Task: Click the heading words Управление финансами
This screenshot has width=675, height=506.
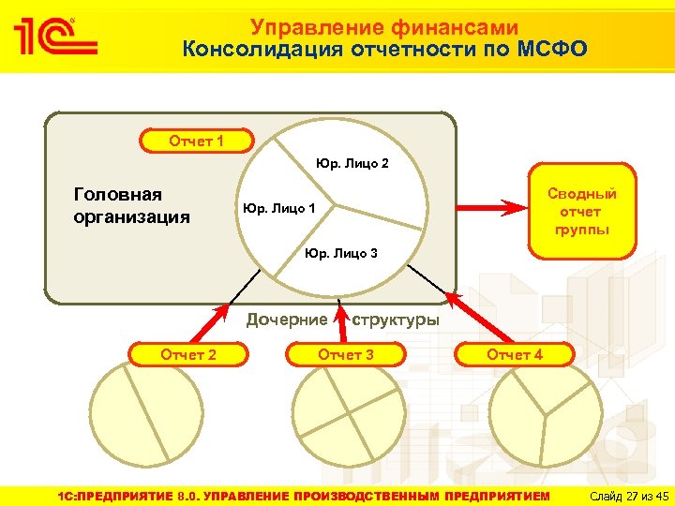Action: point(384,28)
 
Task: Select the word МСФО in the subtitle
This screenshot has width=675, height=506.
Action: point(552,49)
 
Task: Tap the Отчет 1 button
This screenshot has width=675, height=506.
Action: point(196,141)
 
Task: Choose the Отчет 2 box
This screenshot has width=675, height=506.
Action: point(189,354)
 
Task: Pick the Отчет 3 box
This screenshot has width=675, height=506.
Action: point(346,354)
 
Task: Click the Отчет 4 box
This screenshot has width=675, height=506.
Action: point(514,354)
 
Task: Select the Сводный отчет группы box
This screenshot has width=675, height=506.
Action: point(582,211)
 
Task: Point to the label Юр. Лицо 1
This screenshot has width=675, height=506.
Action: point(279,208)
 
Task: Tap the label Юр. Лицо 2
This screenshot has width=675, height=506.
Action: point(352,164)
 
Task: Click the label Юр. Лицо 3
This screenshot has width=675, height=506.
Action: point(341,253)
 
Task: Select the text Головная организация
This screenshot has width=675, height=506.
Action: point(131,205)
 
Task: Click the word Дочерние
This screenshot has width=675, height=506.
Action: point(287,320)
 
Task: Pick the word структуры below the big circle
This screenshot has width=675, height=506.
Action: point(395,320)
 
